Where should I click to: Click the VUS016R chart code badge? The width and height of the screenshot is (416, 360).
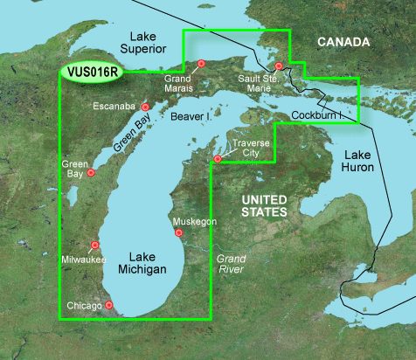pos(93,77)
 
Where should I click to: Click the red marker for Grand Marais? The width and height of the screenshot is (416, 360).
pos(201,63)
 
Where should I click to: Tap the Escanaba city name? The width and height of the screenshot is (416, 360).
pos(114,107)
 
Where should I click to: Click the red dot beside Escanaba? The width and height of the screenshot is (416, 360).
pos(145,107)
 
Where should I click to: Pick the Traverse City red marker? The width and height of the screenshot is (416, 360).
pos(218,158)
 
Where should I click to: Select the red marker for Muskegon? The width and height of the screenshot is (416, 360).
pos(178,232)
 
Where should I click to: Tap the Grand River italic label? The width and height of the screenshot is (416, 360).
pos(232,265)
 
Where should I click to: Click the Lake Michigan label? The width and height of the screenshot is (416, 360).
pos(142,264)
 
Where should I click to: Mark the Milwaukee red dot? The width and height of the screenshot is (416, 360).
pos(94,246)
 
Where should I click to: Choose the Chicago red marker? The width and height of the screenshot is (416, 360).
pos(109,305)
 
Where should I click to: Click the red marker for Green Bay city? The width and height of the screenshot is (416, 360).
pos(90,172)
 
